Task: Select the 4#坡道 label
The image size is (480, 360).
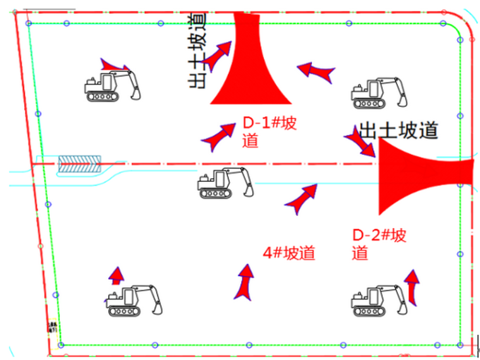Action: (x=289, y=253)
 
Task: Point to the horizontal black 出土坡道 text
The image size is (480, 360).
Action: (x=398, y=131)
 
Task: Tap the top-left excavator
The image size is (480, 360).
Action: (x=112, y=86)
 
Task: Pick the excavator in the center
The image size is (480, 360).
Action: (x=225, y=184)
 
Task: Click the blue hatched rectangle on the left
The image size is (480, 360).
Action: (x=80, y=165)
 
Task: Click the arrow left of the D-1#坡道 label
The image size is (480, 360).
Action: (x=218, y=136)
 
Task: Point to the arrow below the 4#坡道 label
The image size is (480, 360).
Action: (x=245, y=282)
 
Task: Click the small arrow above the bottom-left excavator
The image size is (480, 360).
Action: (x=116, y=275)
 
